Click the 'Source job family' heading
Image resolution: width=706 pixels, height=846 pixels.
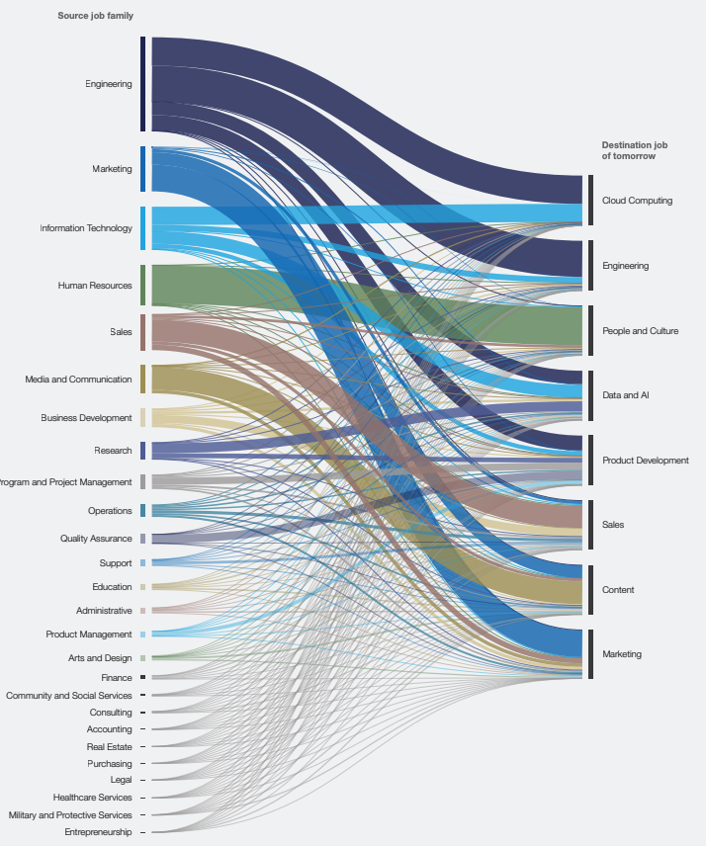[x=95, y=16]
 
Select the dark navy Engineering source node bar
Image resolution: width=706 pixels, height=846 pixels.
[x=143, y=84]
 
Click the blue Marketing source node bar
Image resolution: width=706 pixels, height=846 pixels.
[x=143, y=169]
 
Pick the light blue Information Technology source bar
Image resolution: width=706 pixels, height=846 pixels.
[x=143, y=228]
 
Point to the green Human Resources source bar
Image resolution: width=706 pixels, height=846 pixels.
[x=143, y=286]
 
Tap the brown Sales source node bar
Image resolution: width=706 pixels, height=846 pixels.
[x=143, y=332]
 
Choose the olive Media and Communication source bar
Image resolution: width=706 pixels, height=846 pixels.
[x=143, y=380]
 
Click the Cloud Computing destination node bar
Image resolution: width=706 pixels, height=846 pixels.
[x=590, y=201]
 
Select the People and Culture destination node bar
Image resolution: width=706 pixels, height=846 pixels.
[x=590, y=331]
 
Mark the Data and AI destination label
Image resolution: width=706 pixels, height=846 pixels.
[x=625, y=395]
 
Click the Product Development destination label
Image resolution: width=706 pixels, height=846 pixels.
[x=645, y=461]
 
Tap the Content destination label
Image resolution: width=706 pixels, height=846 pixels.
[x=618, y=590]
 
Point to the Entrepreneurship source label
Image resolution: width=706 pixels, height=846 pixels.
[x=98, y=832]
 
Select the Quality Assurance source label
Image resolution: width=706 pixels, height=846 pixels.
[x=96, y=539]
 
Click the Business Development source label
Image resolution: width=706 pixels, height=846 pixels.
[x=86, y=418]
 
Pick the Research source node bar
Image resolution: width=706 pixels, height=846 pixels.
[x=143, y=451]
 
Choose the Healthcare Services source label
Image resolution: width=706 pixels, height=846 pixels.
[x=92, y=798]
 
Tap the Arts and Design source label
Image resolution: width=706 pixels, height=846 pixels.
[x=102, y=658]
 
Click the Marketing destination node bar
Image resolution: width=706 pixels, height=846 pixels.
[x=590, y=654]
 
